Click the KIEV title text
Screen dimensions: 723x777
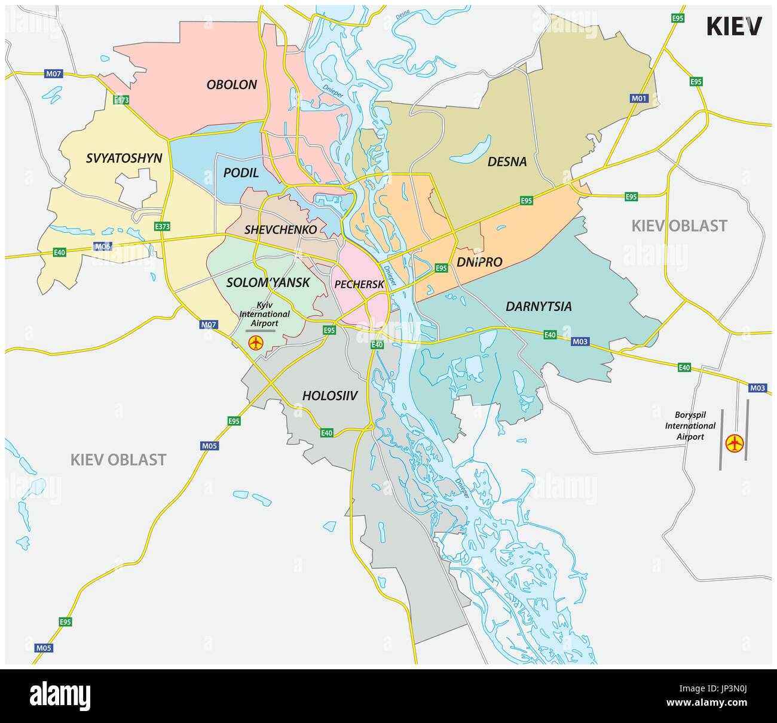click(x=734, y=26)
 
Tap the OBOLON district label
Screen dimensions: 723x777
click(x=231, y=85)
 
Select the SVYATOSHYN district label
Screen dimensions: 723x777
click(x=124, y=158)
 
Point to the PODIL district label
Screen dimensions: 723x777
click(x=241, y=173)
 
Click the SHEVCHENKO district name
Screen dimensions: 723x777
click(x=280, y=229)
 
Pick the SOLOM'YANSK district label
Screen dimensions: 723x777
click(x=268, y=282)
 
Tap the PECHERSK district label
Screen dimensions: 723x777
click(x=359, y=285)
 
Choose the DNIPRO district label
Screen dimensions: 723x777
click(x=479, y=261)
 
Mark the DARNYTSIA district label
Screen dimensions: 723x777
click(x=538, y=306)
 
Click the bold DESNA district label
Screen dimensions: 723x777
click(x=507, y=162)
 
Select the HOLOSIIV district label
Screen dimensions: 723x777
click(x=329, y=395)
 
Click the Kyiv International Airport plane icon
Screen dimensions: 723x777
click(x=256, y=343)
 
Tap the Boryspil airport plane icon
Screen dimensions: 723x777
click(x=734, y=444)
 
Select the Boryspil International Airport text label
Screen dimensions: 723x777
click(x=690, y=426)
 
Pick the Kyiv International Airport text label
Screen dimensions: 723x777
click(x=264, y=314)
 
